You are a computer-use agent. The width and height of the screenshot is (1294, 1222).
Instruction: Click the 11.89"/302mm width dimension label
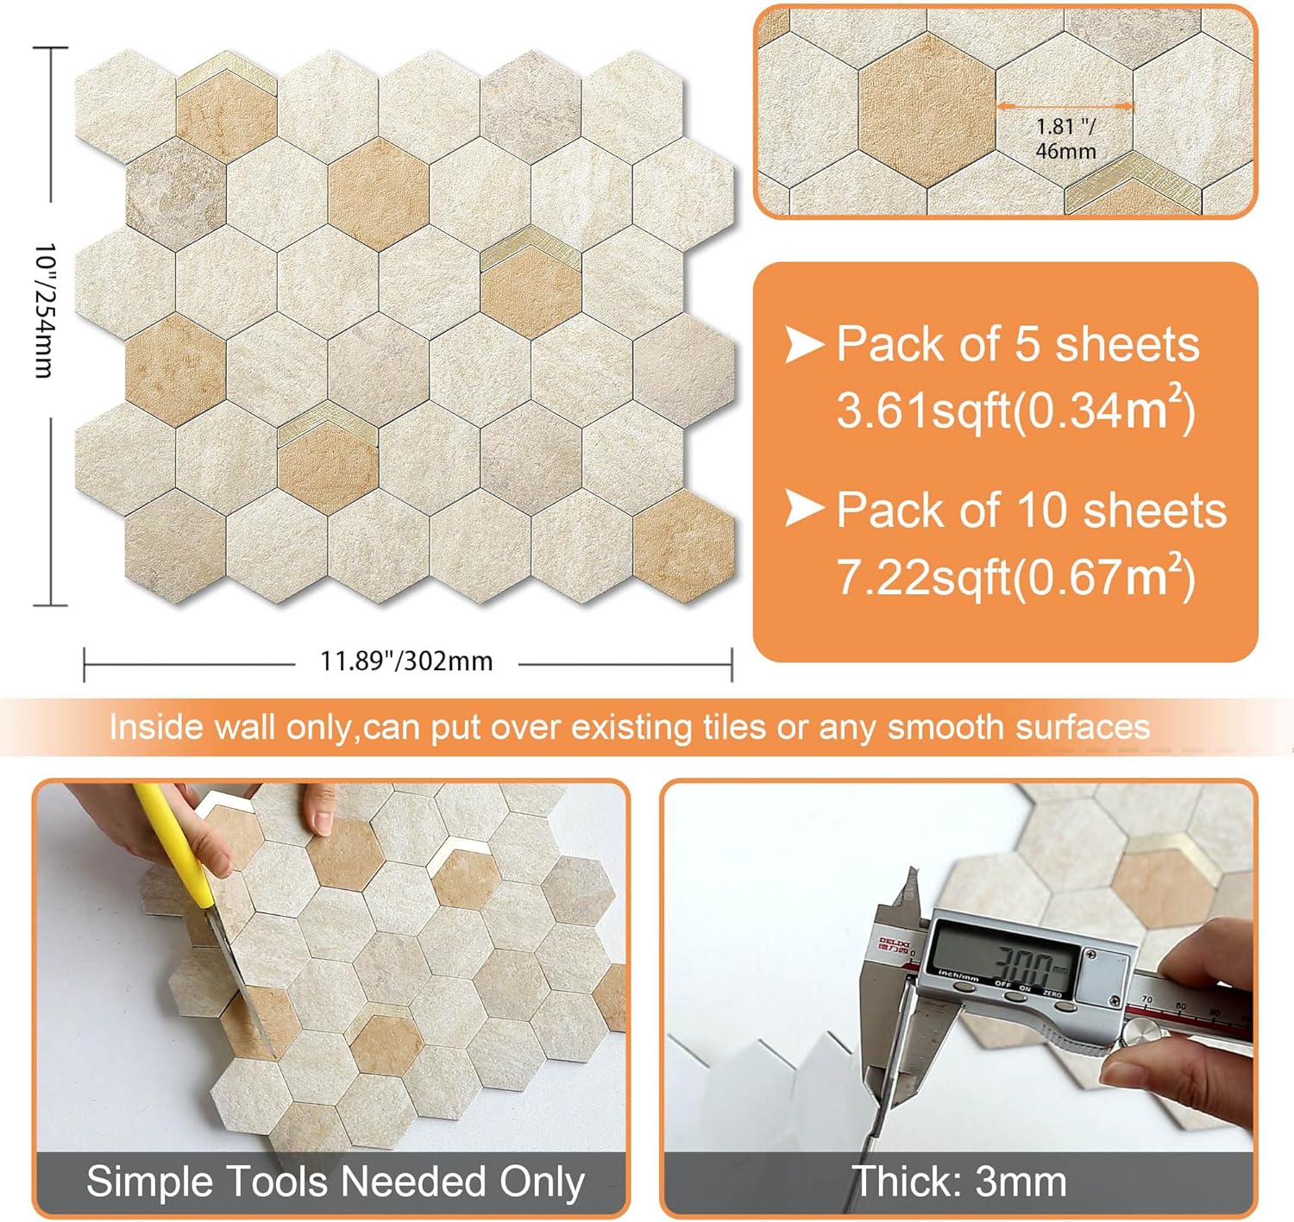pyautogui.click(x=406, y=661)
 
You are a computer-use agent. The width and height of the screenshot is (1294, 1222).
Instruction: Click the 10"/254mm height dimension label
pyautogui.click(x=44, y=310)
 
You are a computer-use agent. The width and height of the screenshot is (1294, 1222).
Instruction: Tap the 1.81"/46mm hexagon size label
pyautogui.click(x=1065, y=139)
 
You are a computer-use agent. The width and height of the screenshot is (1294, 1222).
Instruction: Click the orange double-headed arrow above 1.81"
pyautogui.click(x=1065, y=106)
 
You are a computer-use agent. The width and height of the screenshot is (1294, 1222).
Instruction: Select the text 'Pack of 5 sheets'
pyautogui.click(x=1017, y=345)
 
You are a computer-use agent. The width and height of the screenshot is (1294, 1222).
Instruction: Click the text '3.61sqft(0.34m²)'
pyautogui.click(x=1015, y=410)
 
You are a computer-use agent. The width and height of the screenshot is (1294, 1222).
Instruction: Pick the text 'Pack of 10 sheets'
pyautogui.click(x=1031, y=511)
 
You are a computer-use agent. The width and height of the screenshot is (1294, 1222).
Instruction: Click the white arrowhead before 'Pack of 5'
pyautogui.click(x=804, y=344)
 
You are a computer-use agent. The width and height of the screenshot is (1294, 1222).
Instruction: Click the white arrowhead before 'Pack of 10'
pyautogui.click(x=804, y=508)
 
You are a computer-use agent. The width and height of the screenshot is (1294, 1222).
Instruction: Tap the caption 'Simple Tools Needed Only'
pyautogui.click(x=335, y=1182)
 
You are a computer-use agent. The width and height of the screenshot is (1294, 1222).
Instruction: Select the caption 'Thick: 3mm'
pyautogui.click(x=958, y=1182)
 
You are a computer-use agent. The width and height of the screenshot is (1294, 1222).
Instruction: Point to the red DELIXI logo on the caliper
pyautogui.click(x=893, y=945)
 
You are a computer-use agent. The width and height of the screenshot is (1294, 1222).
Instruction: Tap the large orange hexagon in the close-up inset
pyautogui.click(x=927, y=110)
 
